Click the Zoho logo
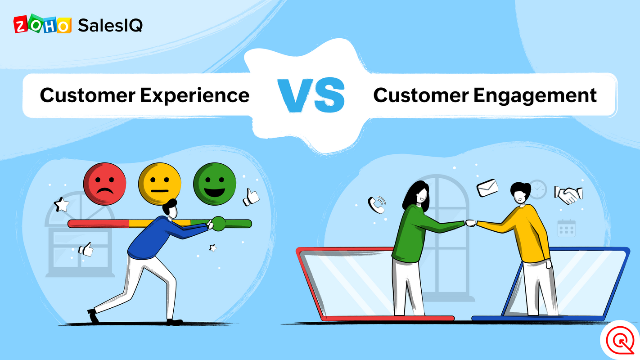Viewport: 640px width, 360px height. [x=42, y=25]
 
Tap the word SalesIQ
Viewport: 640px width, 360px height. [x=110, y=25]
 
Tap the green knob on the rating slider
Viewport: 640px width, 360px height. [x=219, y=224]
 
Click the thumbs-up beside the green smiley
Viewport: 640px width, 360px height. [x=251, y=197]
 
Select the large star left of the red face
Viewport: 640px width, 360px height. [x=61, y=205]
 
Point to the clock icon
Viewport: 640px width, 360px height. [x=537, y=189]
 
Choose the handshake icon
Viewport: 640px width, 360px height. [x=568, y=194]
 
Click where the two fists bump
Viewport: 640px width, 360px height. [x=470, y=222]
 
